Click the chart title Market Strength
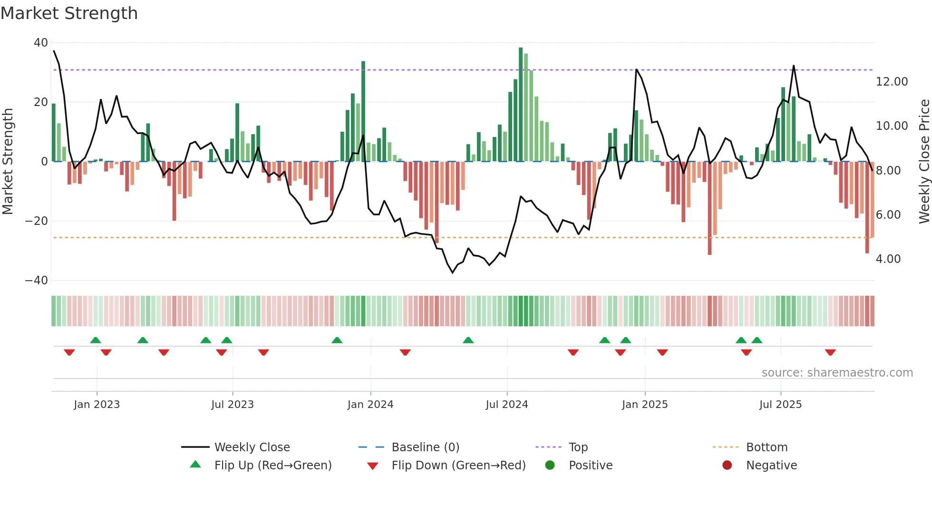69,13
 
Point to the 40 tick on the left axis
41,43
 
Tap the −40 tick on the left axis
37,281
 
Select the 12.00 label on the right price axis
892,82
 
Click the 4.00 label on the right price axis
888,259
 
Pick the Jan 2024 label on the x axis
370,405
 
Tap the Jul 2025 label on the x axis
780,405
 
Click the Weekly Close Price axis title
924,162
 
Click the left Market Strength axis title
8,162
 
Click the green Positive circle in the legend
550,466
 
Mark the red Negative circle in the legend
727,466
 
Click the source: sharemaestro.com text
837,373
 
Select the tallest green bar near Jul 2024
521,105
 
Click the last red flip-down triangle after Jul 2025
830,352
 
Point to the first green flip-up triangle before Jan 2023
96,340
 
